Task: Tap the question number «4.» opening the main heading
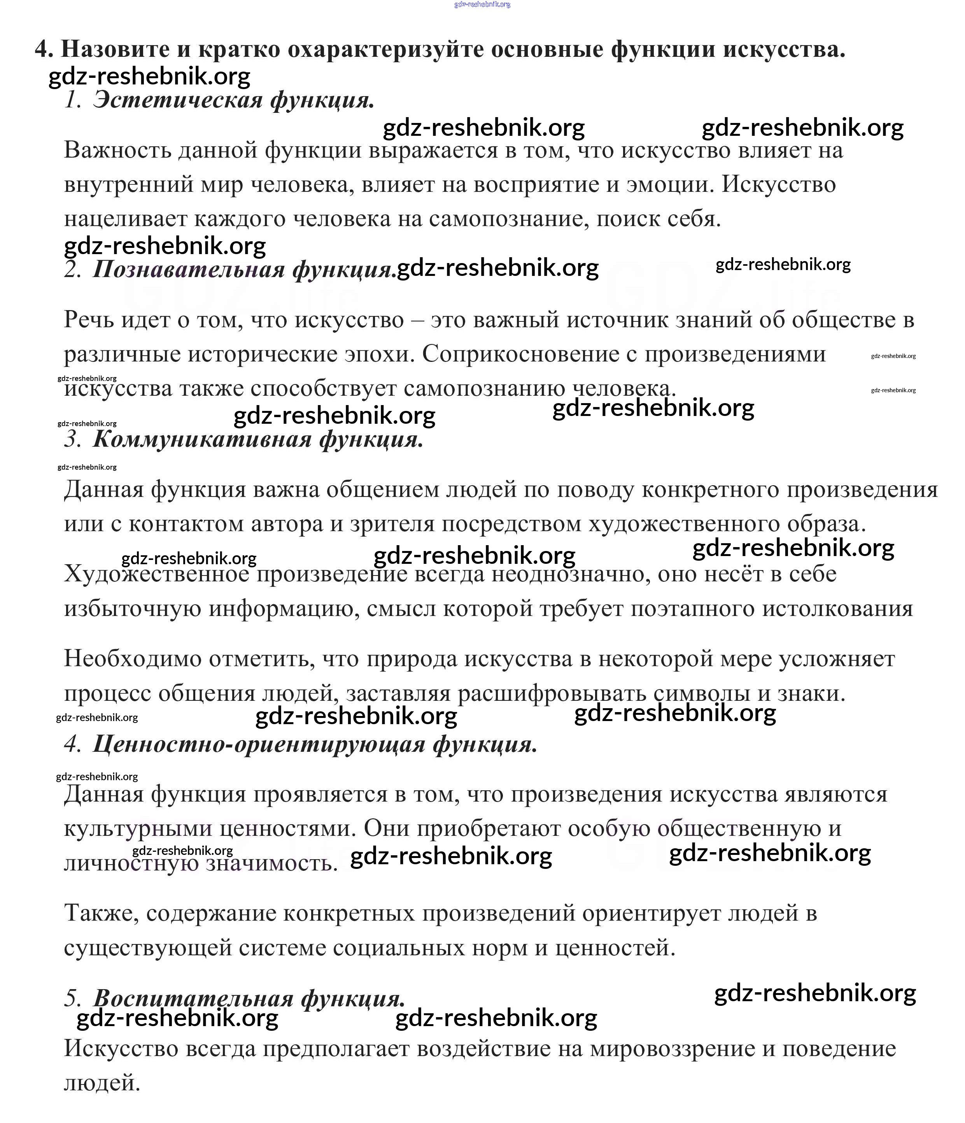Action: point(44,49)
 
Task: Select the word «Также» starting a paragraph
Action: point(101,913)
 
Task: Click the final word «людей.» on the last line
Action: point(102,1083)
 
